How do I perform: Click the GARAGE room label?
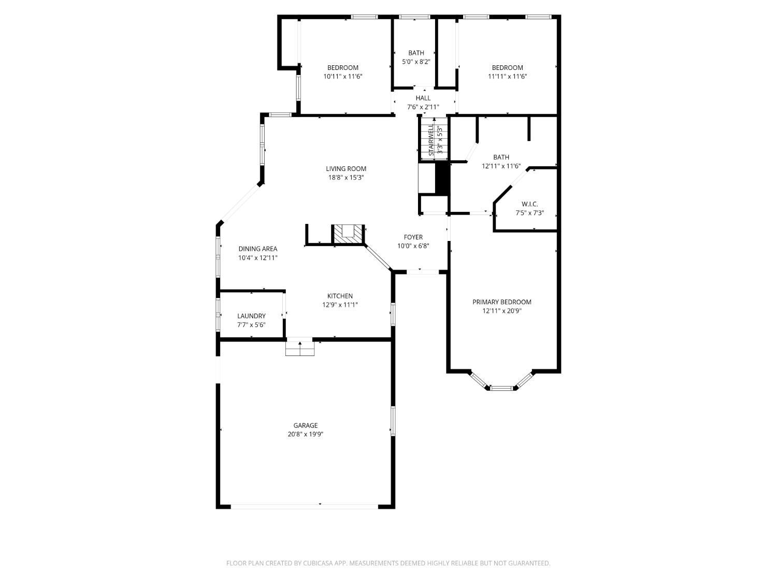306,425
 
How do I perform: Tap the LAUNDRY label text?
251,316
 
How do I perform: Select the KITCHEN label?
340,296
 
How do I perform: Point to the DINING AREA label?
257,249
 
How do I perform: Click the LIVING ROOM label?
346,168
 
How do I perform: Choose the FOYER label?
413,237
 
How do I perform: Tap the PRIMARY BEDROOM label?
501,302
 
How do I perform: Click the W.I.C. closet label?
529,204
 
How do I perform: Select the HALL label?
423,98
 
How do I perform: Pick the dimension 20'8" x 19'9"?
306,434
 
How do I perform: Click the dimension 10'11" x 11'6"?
342,76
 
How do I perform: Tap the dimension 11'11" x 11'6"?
507,76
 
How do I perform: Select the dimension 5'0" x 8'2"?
416,62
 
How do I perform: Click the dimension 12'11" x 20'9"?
501,311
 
